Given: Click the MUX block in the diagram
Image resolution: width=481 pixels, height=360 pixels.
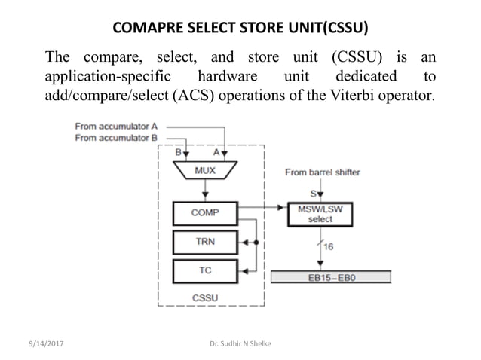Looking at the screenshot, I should pyautogui.click(x=204, y=172).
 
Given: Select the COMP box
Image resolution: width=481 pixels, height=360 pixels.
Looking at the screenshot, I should pyautogui.click(x=204, y=212).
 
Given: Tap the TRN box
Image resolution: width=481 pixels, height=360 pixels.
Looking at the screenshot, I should pyautogui.click(x=204, y=242).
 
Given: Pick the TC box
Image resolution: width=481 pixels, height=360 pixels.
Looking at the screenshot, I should pyautogui.click(x=204, y=270).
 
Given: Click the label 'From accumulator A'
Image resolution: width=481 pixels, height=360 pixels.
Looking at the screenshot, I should pyautogui.click(x=116, y=127).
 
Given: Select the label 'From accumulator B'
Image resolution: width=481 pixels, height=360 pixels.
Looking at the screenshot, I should pyautogui.click(x=116, y=138).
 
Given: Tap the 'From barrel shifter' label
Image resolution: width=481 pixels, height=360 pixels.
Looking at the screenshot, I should pyautogui.click(x=323, y=172).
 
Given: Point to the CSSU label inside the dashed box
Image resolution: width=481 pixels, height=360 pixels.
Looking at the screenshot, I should pyautogui.click(x=205, y=297).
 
